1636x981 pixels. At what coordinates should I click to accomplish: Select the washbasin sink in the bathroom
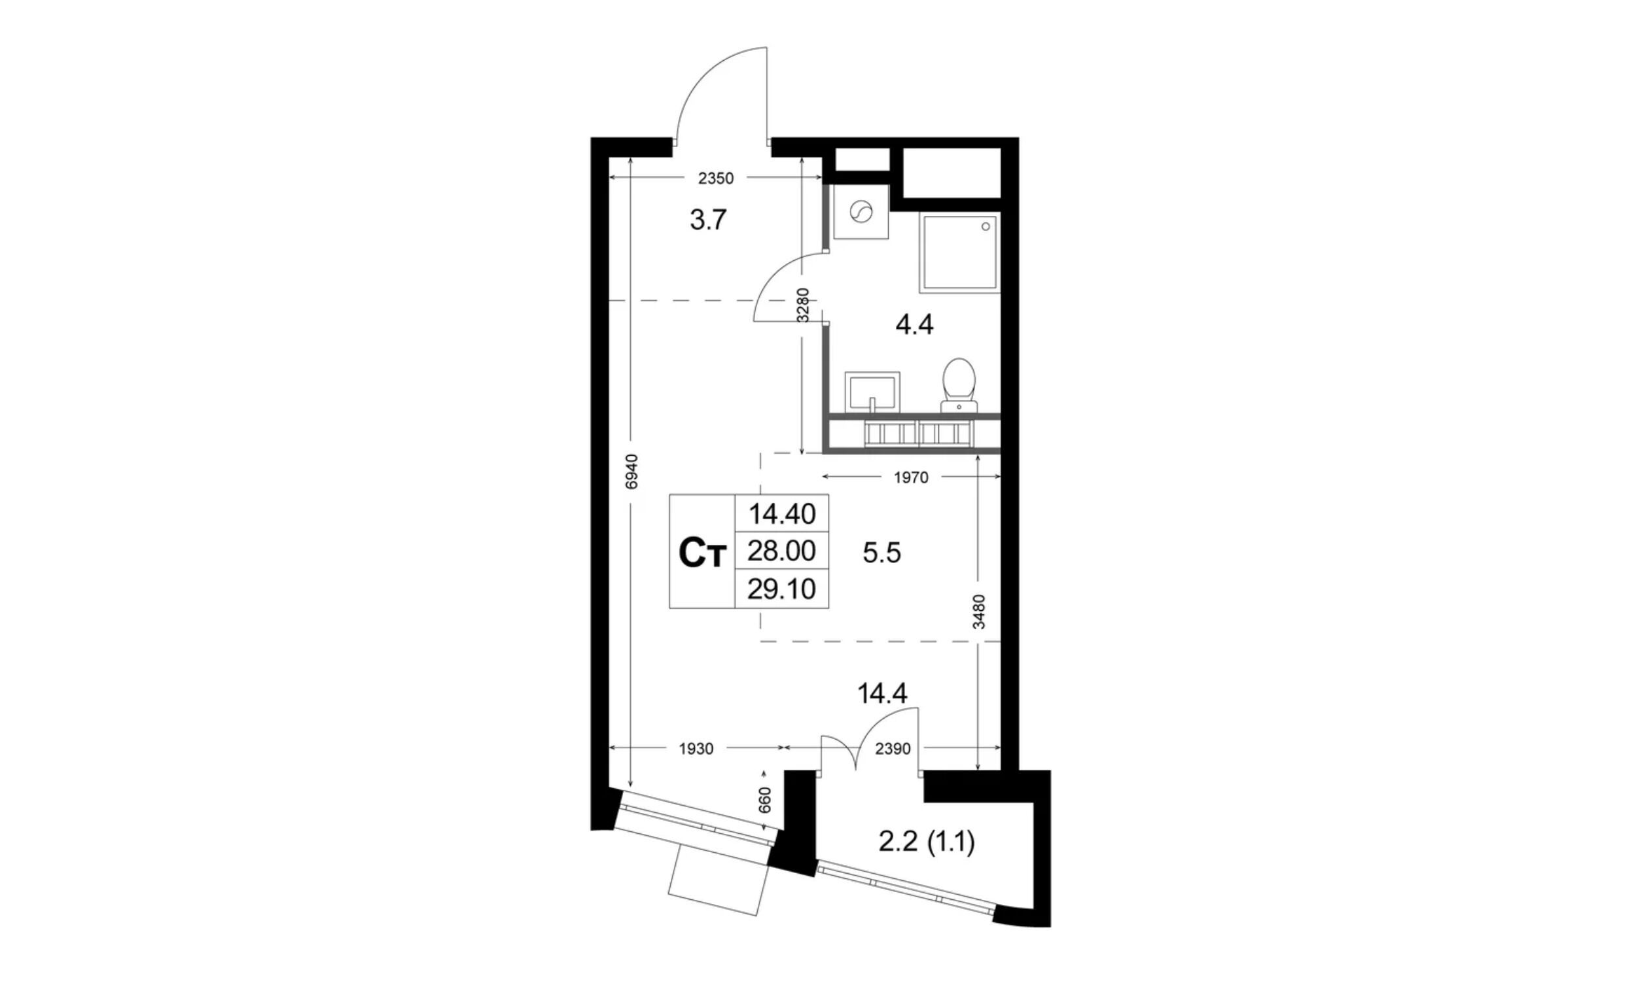coord(872,390)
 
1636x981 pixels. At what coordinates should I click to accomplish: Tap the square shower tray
coord(959,252)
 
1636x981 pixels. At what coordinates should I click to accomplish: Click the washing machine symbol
coord(861,212)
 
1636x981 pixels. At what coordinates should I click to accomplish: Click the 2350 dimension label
coord(716,178)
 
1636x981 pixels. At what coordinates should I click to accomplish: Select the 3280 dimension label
coord(803,305)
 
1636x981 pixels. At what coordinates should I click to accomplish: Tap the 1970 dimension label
coord(911,477)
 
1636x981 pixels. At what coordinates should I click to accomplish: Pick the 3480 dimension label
coord(980,612)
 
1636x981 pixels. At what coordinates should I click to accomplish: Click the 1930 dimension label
coord(696,749)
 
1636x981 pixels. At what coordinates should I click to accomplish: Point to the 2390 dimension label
coord(893,749)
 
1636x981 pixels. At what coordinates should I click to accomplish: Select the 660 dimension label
coord(764,800)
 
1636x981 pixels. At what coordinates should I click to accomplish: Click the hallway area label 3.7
coord(708,220)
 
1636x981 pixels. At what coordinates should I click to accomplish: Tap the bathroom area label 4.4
coord(914,325)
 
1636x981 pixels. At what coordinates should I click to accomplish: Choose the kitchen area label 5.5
coord(881,553)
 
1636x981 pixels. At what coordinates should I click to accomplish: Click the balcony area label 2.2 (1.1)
coord(927,843)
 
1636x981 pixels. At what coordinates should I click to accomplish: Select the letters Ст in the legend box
coord(702,554)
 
